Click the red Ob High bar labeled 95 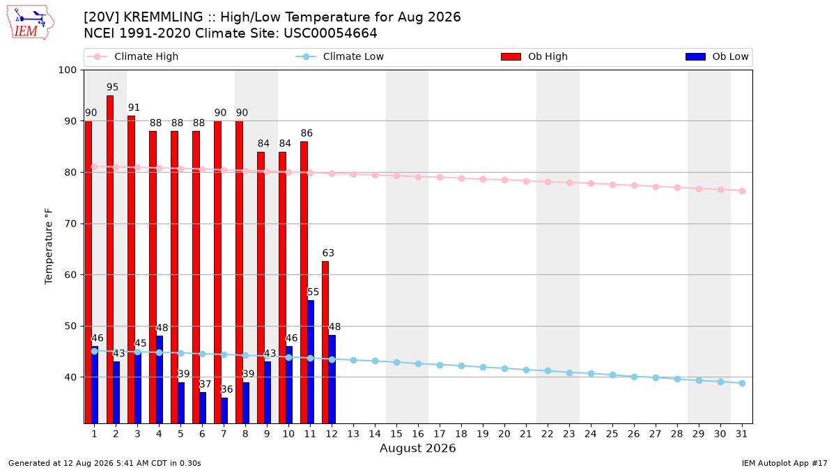point(110,259)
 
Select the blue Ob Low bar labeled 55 point(311,362)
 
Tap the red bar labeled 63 point(325,342)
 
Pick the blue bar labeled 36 point(224,410)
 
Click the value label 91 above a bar point(134,107)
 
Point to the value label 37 point(206,384)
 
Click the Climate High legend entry point(132,56)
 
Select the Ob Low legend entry point(717,56)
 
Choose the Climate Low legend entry point(340,56)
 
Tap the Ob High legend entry point(534,56)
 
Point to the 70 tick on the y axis point(70,224)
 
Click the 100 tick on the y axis point(68,70)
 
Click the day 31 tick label point(741,434)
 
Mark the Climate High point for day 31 point(743,191)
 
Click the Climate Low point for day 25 point(612,375)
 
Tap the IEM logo point(31,23)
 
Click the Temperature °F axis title point(49,246)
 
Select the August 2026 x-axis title point(417,448)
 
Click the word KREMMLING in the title point(163,17)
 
